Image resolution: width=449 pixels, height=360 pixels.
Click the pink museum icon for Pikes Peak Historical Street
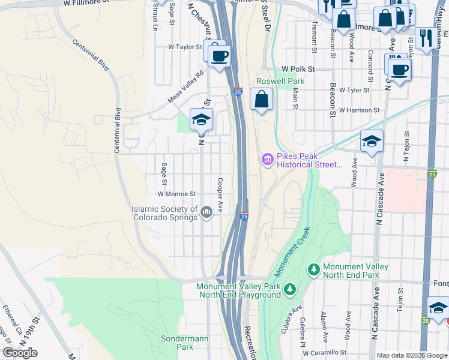pyautogui.click(x=267, y=160)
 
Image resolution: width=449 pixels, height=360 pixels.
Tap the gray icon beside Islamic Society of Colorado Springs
pyautogui.click(x=206, y=212)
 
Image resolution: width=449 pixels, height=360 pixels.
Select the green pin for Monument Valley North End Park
pyautogui.click(x=313, y=271)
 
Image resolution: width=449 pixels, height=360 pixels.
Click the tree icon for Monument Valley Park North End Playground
pyautogui.click(x=290, y=290)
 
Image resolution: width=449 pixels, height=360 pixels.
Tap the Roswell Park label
pyautogui.click(x=280, y=81)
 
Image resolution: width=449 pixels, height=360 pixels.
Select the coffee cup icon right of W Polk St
pyautogui.click(x=401, y=70)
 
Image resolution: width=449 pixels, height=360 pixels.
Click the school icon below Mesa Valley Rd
pyautogui.click(x=202, y=119)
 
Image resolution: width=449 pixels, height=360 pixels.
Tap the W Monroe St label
pyautogui.click(x=176, y=194)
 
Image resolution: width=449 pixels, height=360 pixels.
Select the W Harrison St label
pyautogui.click(x=359, y=110)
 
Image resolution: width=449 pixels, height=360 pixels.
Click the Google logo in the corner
pyautogui.click(x=20, y=353)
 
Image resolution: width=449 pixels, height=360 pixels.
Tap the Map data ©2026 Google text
pyautogui.click(x=411, y=355)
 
